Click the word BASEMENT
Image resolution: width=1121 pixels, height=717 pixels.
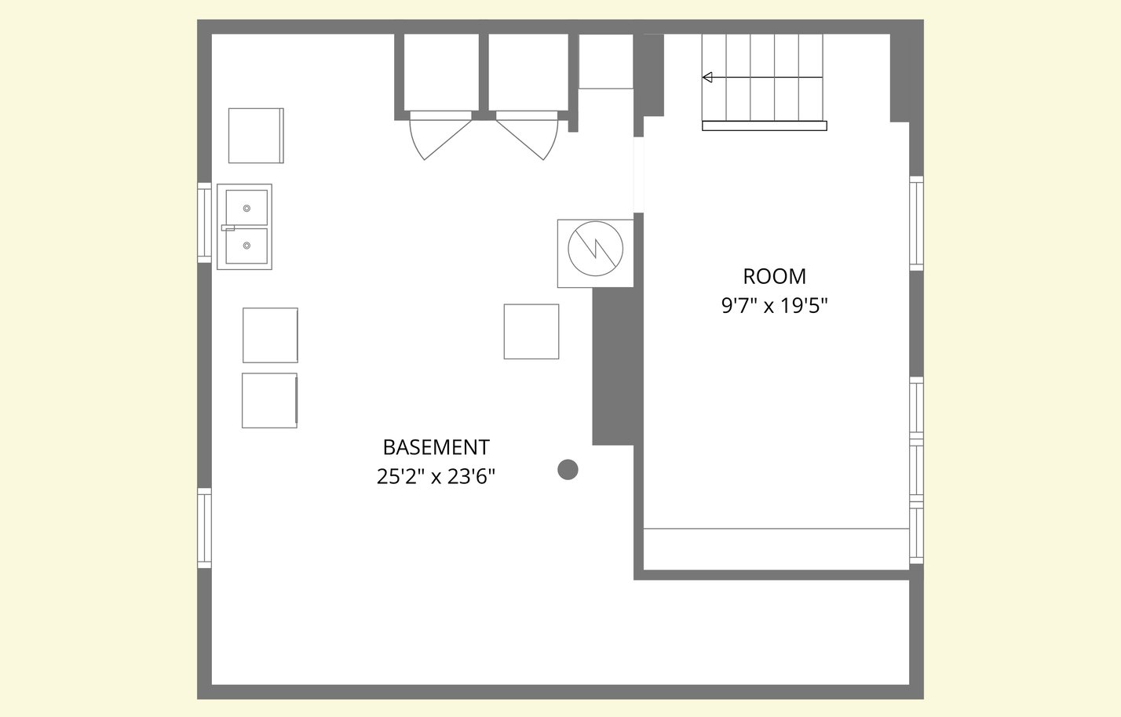[x=436, y=447]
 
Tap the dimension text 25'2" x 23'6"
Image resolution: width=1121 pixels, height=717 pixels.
[x=436, y=476]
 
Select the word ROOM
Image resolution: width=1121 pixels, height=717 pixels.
[x=774, y=276]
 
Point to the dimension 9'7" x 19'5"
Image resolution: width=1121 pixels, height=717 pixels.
[x=774, y=305]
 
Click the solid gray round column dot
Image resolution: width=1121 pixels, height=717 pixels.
[x=568, y=469]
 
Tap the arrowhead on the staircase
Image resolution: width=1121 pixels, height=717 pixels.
[x=707, y=78]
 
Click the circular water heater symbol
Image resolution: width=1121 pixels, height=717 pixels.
[x=596, y=249]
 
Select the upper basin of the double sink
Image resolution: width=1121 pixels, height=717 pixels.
[x=246, y=208]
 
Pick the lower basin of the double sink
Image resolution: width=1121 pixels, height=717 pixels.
[x=246, y=246]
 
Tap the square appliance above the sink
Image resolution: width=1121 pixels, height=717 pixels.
[x=256, y=136]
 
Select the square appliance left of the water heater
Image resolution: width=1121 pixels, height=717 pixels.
[x=531, y=332]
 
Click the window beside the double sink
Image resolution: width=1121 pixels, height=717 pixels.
[x=204, y=223]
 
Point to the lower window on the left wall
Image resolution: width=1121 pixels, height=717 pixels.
[x=204, y=528]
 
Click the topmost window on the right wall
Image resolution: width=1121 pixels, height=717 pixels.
[x=916, y=223]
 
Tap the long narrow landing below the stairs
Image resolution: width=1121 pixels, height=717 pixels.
[x=764, y=126]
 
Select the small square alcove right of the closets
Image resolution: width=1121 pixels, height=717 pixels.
[x=606, y=61]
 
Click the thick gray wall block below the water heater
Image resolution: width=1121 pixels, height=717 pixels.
[x=613, y=366]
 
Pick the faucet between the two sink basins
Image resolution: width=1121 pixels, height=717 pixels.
[x=228, y=228]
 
